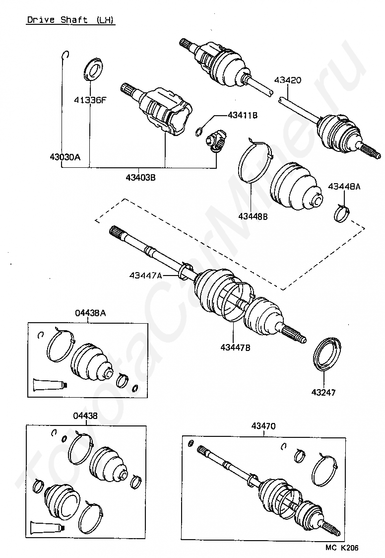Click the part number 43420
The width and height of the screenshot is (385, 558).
287,80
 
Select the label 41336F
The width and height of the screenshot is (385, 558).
90,100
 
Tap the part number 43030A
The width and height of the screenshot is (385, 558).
64,157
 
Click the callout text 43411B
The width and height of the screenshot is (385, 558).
243,115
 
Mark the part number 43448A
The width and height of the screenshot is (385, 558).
344,187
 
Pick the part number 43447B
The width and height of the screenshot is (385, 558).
236,348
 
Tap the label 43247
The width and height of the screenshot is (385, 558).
323,392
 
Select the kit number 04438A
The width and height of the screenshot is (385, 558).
90,313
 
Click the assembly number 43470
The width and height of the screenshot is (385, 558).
263,425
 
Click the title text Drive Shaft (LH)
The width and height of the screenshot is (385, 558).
70,20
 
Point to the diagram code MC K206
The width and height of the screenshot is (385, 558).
342,548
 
